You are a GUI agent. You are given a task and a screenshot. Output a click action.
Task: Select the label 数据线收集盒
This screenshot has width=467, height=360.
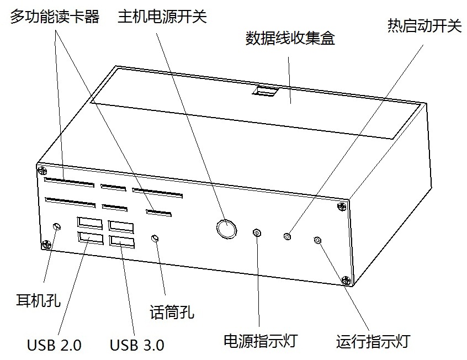[289, 38]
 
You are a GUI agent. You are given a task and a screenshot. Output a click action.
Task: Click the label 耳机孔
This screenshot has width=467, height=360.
[39, 300]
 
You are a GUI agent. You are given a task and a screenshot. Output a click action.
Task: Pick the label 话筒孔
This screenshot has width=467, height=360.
[172, 313]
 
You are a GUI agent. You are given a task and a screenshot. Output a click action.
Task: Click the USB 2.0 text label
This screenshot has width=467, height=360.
[54, 345]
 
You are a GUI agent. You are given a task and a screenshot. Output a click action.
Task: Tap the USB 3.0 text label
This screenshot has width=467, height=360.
[136, 345]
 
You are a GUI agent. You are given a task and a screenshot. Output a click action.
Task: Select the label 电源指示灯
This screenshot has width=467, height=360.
[259, 340]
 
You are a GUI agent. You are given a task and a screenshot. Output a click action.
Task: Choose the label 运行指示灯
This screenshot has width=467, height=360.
[373, 340]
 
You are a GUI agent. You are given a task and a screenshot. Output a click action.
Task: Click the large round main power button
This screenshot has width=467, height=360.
[226, 227]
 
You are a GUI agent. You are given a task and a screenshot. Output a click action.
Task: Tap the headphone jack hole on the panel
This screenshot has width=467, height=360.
[56, 226]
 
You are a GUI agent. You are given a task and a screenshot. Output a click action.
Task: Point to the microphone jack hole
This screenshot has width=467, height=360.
[156, 238]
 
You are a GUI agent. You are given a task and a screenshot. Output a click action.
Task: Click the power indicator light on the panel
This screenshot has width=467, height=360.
[257, 232]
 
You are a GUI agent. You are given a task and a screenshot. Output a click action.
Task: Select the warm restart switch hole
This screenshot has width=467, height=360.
[287, 236]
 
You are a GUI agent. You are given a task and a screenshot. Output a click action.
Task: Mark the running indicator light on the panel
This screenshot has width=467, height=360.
[317, 240]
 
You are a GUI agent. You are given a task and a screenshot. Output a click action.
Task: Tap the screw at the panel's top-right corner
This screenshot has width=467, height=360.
[341, 207]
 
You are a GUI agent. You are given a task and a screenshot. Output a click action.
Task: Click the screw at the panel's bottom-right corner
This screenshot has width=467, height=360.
[346, 280]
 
